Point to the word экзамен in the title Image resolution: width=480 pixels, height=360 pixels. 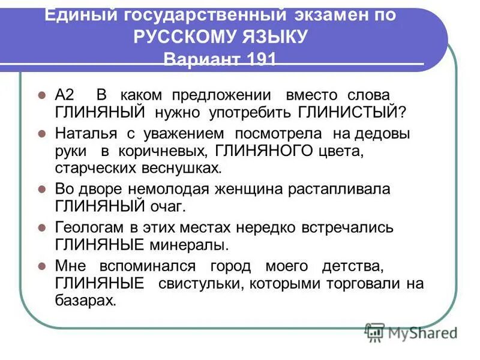coord(317,14)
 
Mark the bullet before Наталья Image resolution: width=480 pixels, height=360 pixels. coord(42,133)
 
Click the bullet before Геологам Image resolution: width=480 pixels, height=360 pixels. coord(42,228)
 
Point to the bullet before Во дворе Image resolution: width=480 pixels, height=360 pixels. coord(42,189)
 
